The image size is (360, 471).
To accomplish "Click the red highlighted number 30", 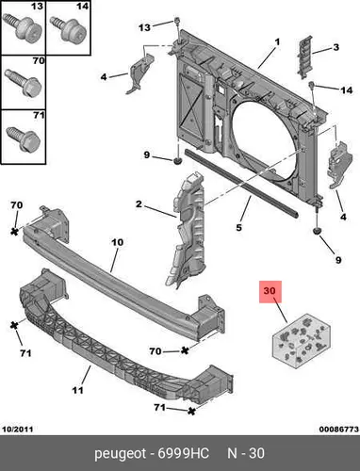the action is pos(270,291).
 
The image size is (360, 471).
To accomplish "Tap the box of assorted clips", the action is pos(302,340).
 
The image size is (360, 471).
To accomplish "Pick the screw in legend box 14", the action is pos(69,29).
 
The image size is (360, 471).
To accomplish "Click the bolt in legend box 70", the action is pos(24,83).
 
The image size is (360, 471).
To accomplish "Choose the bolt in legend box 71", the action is pos(24,138).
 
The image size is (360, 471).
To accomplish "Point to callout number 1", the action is pos(277,41).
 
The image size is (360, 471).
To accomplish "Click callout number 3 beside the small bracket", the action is pos(336,47).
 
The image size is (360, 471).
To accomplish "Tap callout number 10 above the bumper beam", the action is pos(117,242).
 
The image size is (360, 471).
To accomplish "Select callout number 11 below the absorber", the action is pos(77,390).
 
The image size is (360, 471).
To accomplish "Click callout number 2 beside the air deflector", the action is pos(139,204).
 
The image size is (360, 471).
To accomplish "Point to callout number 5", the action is pos(239,227).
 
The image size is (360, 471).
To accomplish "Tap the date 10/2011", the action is pos(18,430).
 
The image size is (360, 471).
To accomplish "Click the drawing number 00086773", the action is pos(339,430).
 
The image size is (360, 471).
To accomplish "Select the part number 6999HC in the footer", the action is pos(183,454).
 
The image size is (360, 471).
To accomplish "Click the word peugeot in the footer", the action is pos(121,454).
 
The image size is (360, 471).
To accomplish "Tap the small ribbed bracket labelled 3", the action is pos(304,57).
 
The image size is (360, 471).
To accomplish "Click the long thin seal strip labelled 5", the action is pos(241,183).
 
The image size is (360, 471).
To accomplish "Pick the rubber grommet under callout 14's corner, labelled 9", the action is pos(317,231).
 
